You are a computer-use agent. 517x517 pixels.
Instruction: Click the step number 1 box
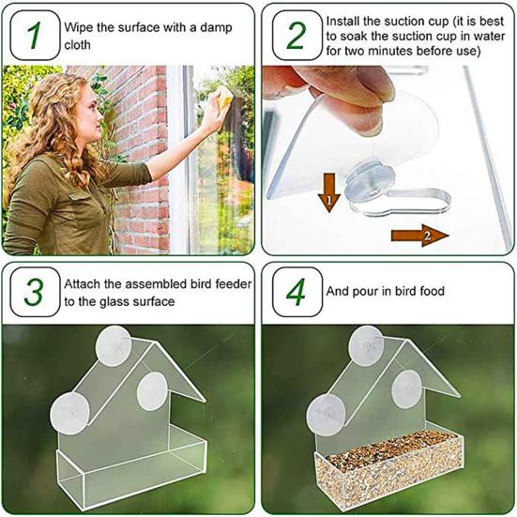click(35, 35)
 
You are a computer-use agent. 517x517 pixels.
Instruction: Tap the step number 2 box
click(297, 35)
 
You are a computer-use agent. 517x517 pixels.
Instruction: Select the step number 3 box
click(35, 292)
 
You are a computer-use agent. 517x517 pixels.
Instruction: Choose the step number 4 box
click(297, 292)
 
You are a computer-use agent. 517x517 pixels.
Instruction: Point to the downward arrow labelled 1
click(329, 192)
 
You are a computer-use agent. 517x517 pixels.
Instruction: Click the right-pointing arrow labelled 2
click(419, 236)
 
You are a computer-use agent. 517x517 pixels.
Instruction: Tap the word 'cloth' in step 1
click(77, 45)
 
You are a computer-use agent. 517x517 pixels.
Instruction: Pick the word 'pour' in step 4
click(365, 292)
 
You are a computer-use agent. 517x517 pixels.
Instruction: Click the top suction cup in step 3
click(114, 345)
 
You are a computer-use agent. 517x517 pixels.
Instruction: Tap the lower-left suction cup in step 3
click(69, 413)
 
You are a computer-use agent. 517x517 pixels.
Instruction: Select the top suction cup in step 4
click(366, 345)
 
